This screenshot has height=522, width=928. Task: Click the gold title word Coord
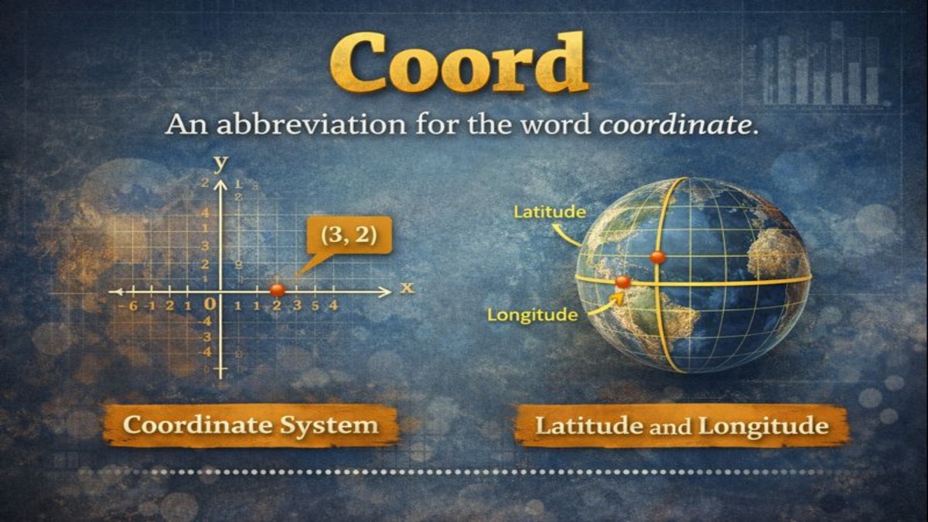click(x=459, y=63)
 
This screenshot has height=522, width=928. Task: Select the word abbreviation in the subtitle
click(x=281, y=125)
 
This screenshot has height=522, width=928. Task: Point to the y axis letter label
click(x=221, y=163)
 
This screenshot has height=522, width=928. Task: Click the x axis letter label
click(x=407, y=288)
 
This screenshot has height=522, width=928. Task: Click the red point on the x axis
click(x=277, y=290)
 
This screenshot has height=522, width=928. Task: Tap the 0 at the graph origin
click(x=209, y=305)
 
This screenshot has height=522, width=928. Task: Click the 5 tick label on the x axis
click(x=316, y=306)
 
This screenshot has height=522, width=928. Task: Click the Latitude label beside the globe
click(x=550, y=211)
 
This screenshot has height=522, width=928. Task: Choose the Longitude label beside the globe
click(x=532, y=315)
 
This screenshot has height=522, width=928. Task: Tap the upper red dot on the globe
click(x=657, y=257)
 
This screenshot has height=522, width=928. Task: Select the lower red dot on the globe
click(x=623, y=282)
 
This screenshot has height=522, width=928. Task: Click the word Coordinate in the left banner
click(x=197, y=425)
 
